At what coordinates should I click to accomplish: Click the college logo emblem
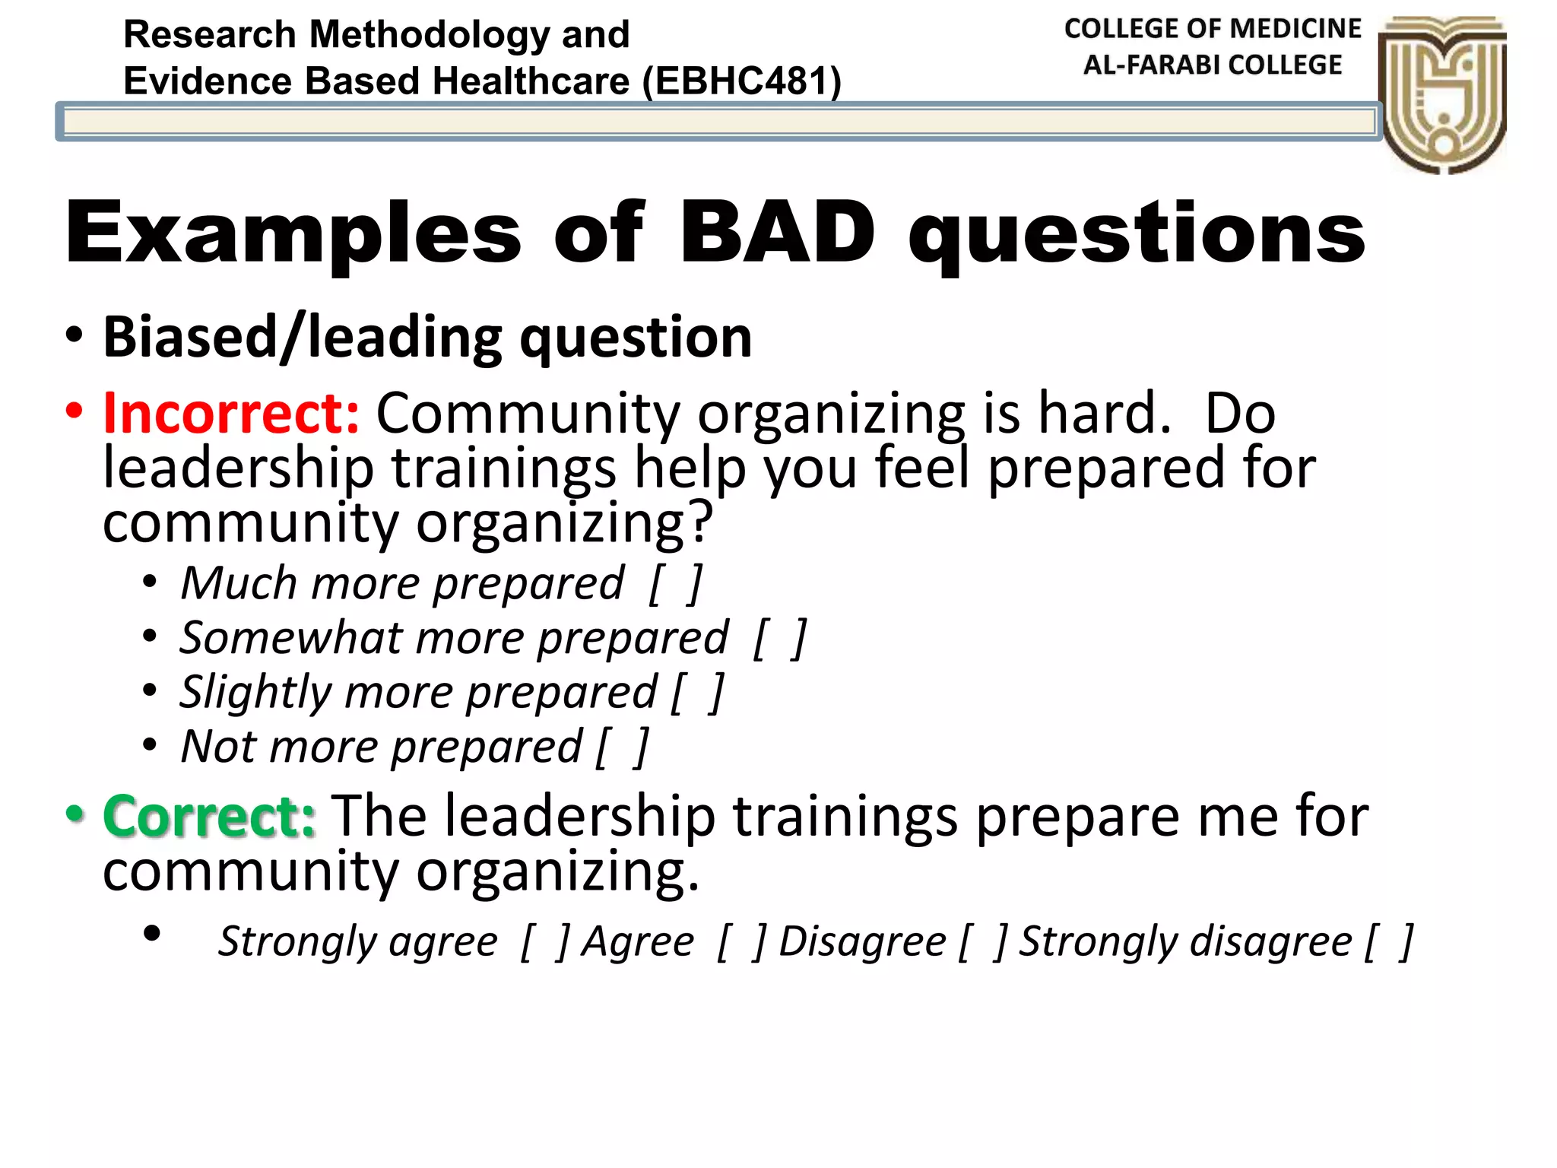click(1442, 94)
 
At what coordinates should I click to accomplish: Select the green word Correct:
click(209, 816)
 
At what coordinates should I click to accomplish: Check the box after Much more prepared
click(676, 584)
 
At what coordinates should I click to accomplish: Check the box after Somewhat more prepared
click(780, 638)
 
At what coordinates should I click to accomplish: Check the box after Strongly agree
click(545, 942)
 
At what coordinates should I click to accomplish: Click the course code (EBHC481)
click(741, 81)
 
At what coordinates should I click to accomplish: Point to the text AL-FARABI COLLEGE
click(1212, 65)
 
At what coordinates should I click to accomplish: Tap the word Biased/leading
click(302, 337)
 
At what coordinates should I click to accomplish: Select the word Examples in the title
click(293, 234)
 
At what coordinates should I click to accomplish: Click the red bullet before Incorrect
click(74, 411)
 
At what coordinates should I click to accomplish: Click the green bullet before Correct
click(74, 814)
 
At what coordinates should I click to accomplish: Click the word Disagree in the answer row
click(862, 942)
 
